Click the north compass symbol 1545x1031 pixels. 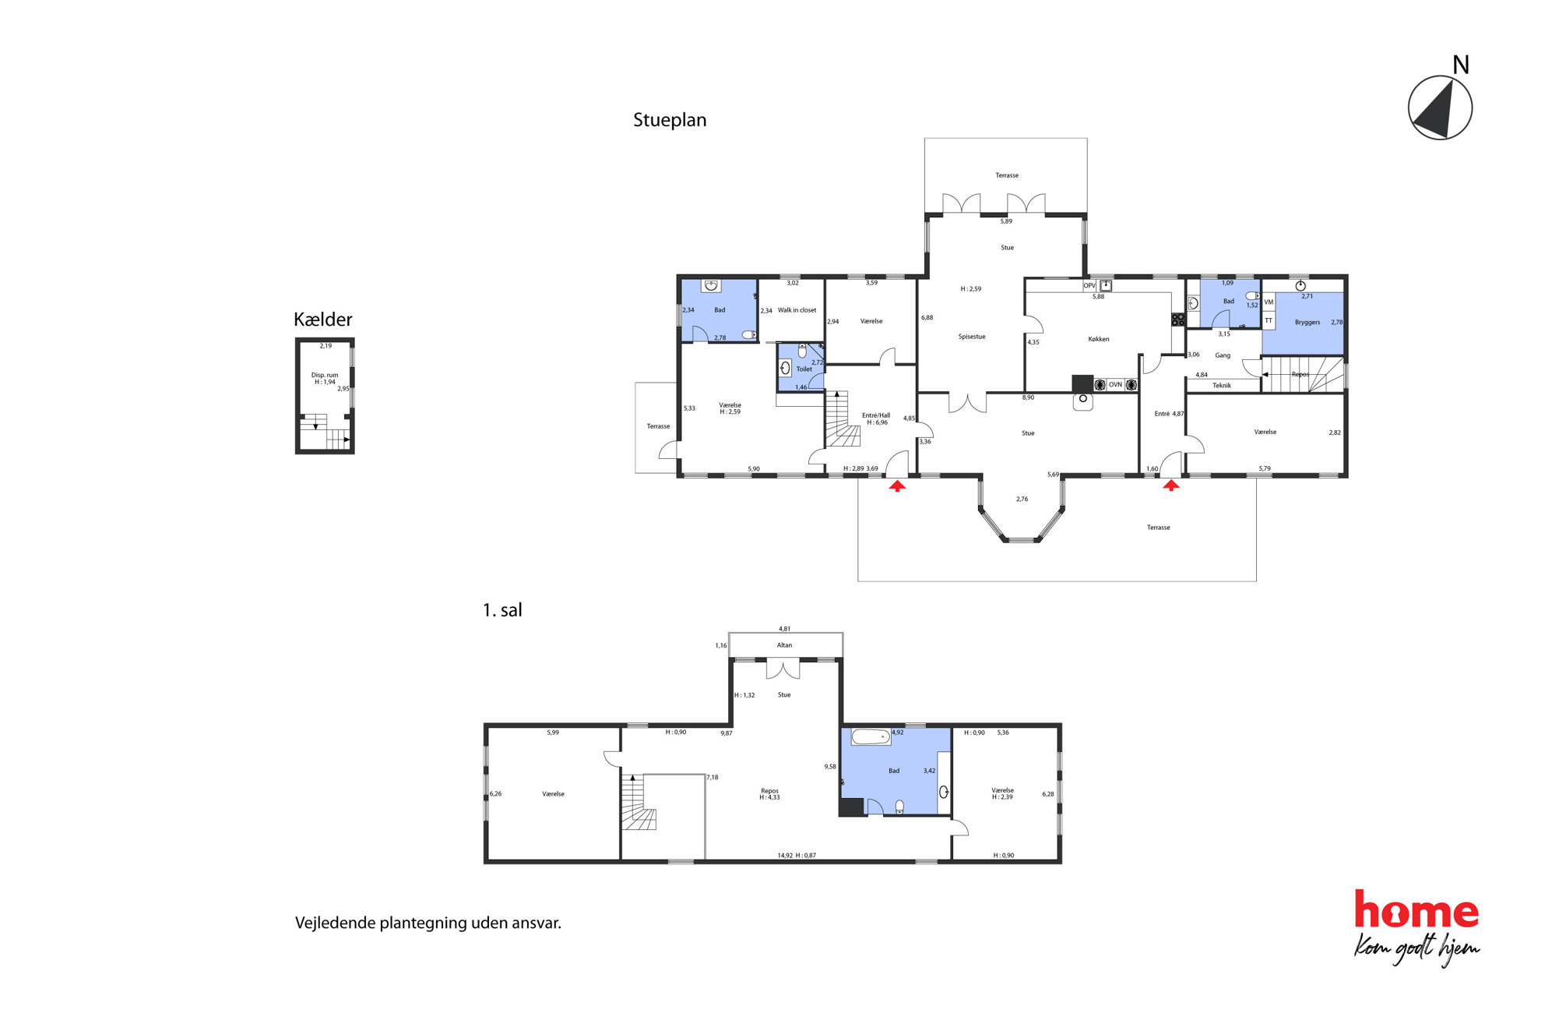point(1440,108)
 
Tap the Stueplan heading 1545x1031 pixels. point(670,120)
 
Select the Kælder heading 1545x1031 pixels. point(322,320)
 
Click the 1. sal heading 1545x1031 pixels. point(502,610)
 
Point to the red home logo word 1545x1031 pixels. point(1417,909)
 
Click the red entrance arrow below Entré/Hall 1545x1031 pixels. point(898,486)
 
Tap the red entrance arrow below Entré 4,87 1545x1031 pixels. point(1171,485)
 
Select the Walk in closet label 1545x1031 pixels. point(797,310)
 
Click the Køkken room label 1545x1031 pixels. point(1099,339)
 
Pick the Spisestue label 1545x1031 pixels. point(972,337)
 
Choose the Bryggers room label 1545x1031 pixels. point(1307,323)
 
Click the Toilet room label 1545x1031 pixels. point(804,369)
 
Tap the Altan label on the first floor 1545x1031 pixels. point(784,645)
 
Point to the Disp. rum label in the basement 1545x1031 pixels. point(325,375)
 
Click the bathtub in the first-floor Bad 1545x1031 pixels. point(871,736)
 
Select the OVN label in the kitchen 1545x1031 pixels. point(1115,385)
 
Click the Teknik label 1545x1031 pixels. point(1222,386)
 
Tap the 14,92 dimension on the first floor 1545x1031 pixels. point(785,856)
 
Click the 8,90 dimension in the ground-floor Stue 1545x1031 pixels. point(1028,397)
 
